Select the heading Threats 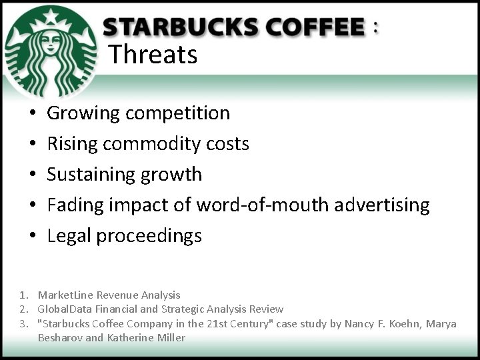(x=153, y=54)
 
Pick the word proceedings (x=149, y=236)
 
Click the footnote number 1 (x=23, y=295)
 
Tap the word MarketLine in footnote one (x=65, y=295)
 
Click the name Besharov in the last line (x=60, y=338)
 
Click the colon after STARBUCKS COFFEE (x=377, y=27)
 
